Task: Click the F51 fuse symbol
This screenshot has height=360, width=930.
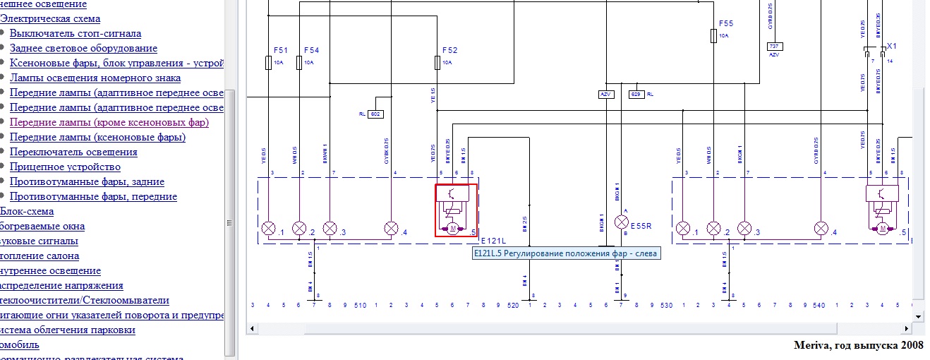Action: [x=268, y=64]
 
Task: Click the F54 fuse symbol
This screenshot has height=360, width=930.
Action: [x=299, y=64]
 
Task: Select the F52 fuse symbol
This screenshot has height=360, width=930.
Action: [x=437, y=64]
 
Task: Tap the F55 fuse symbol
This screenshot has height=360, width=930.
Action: [x=714, y=36]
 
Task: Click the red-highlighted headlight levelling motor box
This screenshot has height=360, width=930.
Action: [x=456, y=210]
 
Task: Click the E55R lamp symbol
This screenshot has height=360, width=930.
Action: [x=622, y=222]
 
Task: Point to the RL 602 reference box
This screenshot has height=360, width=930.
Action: [x=376, y=113]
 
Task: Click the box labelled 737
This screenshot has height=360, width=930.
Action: [x=775, y=46]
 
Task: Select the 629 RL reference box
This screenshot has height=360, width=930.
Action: [x=636, y=94]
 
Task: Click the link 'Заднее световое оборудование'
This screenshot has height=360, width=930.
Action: [x=83, y=48]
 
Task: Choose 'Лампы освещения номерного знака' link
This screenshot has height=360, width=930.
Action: [x=95, y=78]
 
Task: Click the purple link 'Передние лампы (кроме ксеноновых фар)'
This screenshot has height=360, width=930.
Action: [x=109, y=122]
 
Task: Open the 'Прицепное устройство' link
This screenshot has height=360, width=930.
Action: [x=65, y=167]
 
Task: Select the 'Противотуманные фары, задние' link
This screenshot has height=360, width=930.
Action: [x=89, y=181]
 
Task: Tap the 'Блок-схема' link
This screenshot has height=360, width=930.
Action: [x=27, y=211]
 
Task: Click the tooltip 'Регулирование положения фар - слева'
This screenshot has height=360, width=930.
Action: [x=567, y=254]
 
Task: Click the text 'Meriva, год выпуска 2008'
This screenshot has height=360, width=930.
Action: [x=858, y=344]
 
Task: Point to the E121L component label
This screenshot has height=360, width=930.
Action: [x=495, y=241]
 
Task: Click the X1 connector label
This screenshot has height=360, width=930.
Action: [x=892, y=45]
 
